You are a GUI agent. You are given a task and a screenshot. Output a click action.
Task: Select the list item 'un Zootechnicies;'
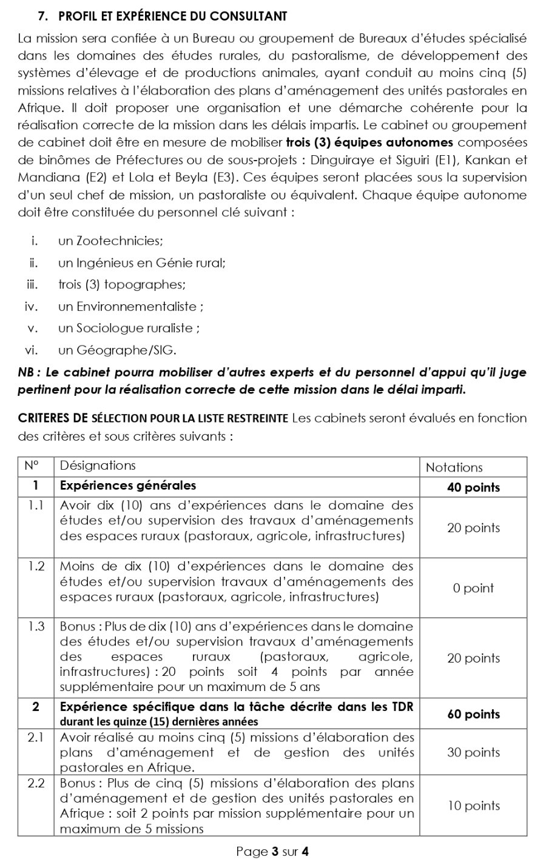tap(110, 241)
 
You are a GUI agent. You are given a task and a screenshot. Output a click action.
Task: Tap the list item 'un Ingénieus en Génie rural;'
tap(142, 263)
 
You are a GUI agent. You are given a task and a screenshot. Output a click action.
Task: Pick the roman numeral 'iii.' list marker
tap(32, 285)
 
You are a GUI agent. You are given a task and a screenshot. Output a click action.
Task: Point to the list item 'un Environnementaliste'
tap(130, 307)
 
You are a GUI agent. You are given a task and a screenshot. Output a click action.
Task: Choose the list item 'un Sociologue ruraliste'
tap(129, 329)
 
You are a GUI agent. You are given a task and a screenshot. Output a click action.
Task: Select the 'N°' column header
tap(32, 466)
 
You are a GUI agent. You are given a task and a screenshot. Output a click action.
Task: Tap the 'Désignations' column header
tap(98, 466)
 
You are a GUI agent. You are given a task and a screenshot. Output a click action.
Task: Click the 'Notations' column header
tap(454, 467)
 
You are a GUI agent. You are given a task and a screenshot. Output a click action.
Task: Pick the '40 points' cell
tap(473, 487)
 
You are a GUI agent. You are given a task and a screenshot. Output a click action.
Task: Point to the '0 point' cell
tap(473, 588)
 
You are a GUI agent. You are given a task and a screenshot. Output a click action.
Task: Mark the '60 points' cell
tap(473, 714)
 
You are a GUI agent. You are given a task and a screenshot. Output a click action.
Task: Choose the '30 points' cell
tap(473, 752)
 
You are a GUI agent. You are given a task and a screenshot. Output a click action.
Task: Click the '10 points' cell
tap(473, 806)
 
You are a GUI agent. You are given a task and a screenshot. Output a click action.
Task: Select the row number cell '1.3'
tap(36, 627)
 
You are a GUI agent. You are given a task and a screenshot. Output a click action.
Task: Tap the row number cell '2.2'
tap(36, 783)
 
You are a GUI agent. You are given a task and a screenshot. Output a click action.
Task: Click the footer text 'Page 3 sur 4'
tap(272, 852)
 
